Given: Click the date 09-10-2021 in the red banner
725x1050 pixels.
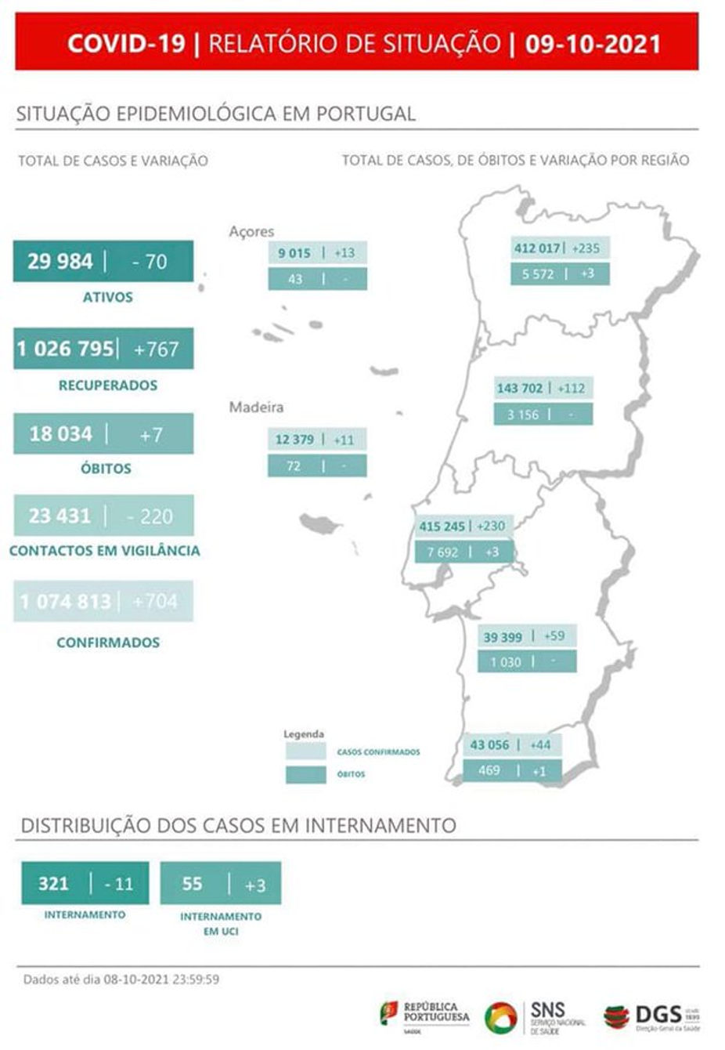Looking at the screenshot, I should tap(593, 43).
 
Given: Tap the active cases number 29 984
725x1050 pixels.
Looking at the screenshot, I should tap(60, 261).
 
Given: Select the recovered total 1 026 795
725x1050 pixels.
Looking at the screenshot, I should tap(66, 348).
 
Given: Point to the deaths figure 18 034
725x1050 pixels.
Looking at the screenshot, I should tap(61, 433).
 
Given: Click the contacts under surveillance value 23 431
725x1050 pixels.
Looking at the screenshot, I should tap(60, 516).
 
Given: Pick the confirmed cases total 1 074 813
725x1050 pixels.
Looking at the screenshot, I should tap(66, 601).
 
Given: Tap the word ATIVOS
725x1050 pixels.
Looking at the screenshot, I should tap(107, 297).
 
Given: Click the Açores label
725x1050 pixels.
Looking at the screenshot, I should tap(251, 231).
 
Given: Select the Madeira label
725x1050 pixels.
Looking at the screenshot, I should tap(256, 407).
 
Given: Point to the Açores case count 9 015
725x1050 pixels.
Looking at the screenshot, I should tap(294, 253).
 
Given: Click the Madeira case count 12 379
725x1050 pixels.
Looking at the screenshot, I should tap(294, 440).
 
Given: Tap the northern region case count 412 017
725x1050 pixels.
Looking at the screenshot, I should tap(537, 248).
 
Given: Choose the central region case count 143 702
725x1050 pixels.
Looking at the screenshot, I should tap(520, 388).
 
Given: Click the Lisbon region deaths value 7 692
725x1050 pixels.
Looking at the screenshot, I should tap(442, 552).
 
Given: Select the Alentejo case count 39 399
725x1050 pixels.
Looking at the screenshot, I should tap(503, 636).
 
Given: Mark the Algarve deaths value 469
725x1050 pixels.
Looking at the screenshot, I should tap(489, 770).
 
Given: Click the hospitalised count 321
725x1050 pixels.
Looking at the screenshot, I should tap(53, 883).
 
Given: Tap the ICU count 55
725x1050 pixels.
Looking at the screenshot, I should tap(192, 883).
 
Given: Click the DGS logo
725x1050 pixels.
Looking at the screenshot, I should tap(651, 1017).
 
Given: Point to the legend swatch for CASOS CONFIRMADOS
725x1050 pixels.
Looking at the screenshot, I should tap(305, 751).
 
